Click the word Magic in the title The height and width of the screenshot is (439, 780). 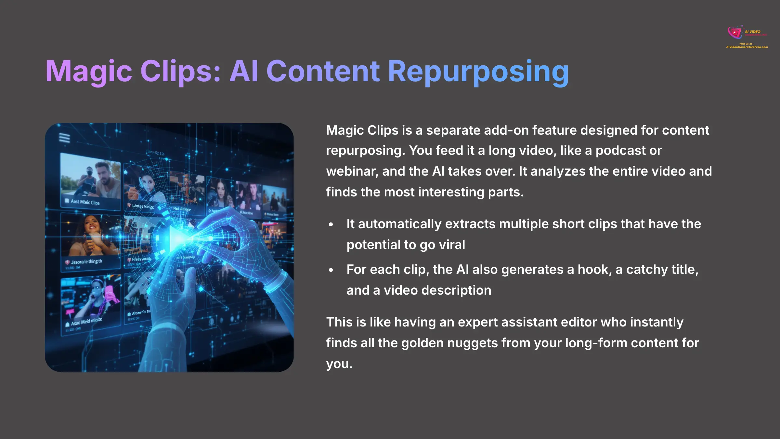click(88, 71)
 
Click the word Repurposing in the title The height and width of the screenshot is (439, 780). click(478, 71)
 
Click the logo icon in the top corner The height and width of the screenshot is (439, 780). click(734, 32)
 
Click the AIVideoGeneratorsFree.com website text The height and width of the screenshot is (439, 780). click(747, 47)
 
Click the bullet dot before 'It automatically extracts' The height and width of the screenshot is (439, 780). click(331, 224)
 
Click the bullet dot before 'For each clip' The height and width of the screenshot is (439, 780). click(331, 270)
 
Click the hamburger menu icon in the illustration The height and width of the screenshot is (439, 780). click(64, 138)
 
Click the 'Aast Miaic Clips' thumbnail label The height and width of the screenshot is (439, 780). click(85, 202)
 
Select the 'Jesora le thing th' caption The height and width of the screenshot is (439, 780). click(86, 261)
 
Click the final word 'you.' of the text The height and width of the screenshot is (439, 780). click(339, 364)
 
